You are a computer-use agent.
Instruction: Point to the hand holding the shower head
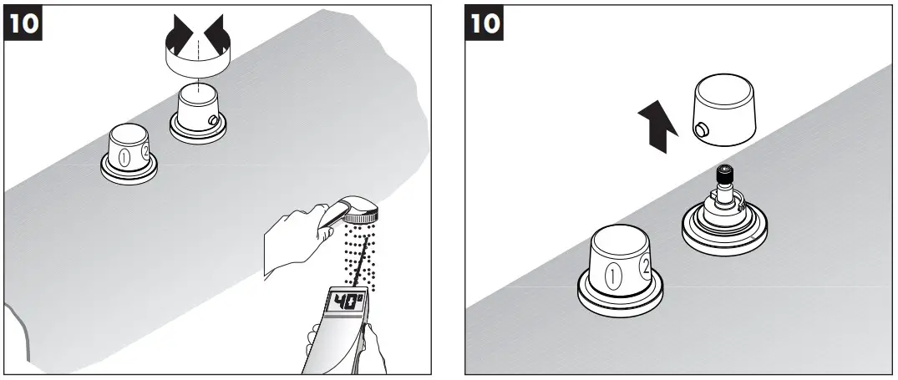292,238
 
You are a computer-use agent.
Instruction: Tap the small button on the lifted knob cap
699,129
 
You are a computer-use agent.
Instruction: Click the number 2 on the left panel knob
146,151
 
